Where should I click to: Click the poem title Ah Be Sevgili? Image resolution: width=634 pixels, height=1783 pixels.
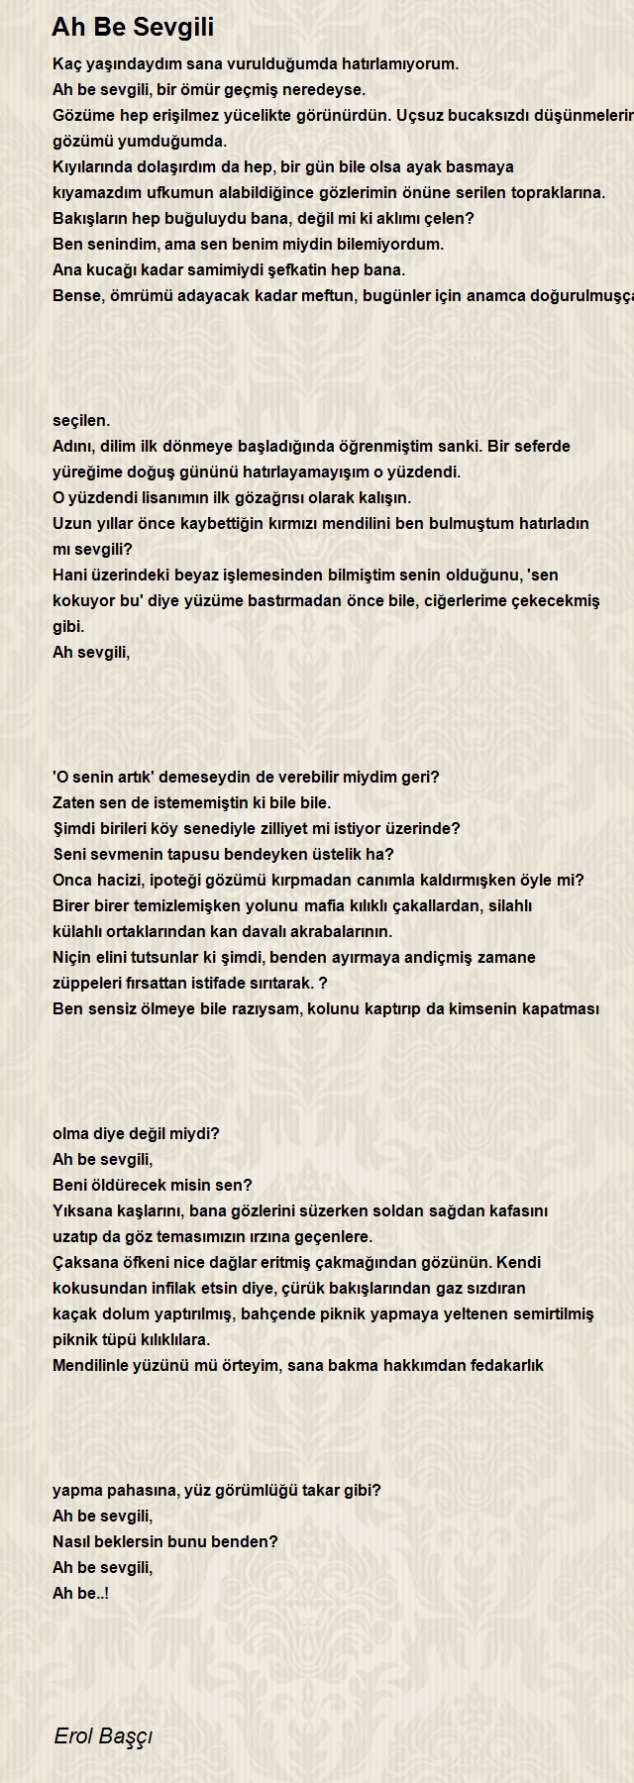pyautogui.click(x=133, y=27)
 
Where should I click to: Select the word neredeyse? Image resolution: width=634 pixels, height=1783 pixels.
pyautogui.click(x=331, y=90)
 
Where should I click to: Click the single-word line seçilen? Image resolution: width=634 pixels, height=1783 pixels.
pyautogui.click(x=81, y=421)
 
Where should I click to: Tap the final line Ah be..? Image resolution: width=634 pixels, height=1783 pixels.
pyautogui.click(x=80, y=1594)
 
